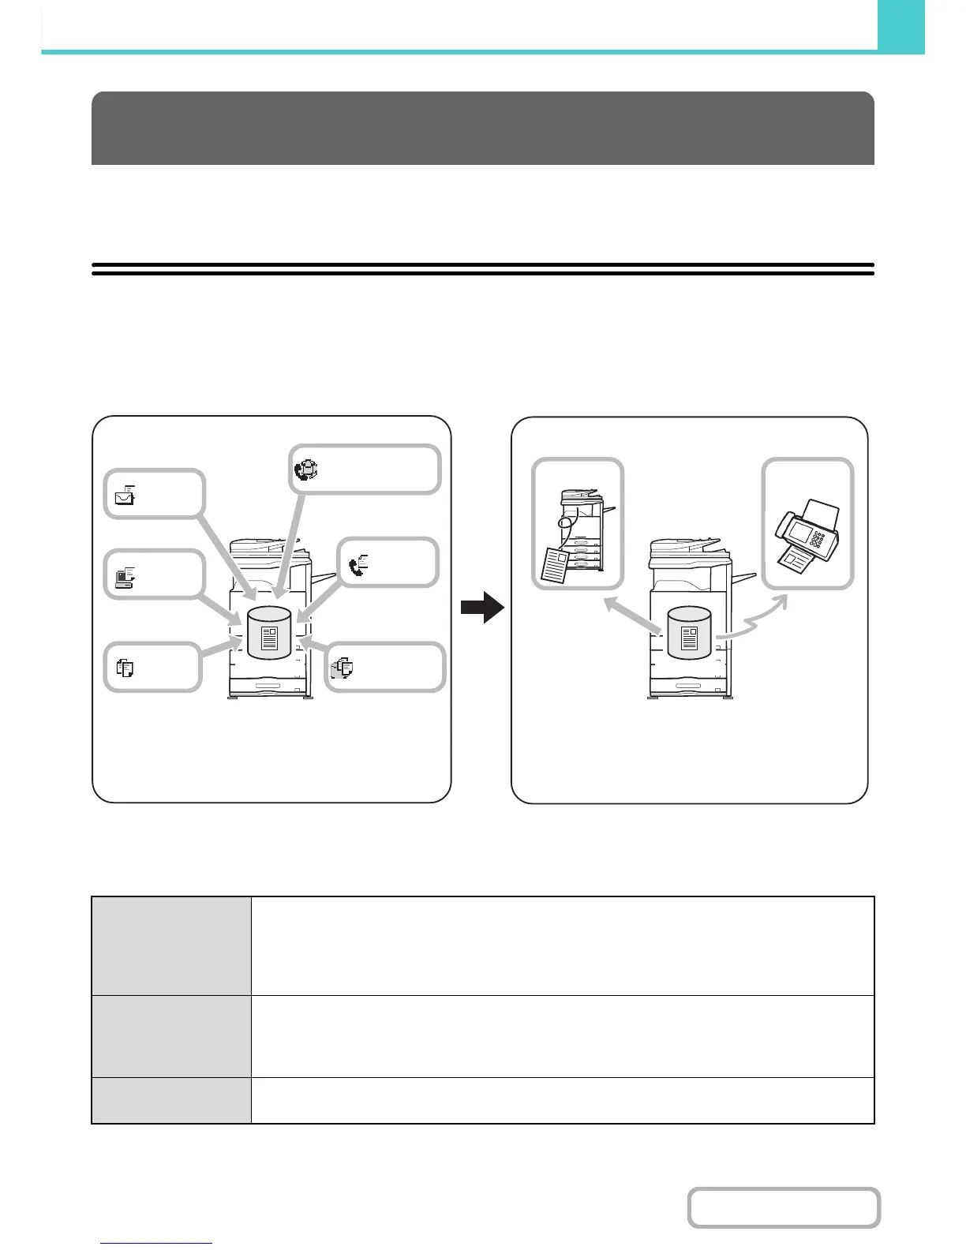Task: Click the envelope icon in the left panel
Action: pyautogui.click(x=125, y=496)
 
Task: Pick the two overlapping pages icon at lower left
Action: pyautogui.click(x=125, y=668)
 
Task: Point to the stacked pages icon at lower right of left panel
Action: pyautogui.click(x=343, y=668)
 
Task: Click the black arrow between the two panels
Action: pyautogui.click(x=482, y=608)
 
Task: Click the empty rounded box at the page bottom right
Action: pyautogui.click(x=783, y=1207)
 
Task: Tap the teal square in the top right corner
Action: pyautogui.click(x=900, y=25)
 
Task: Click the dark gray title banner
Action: pyautogui.click(x=482, y=128)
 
